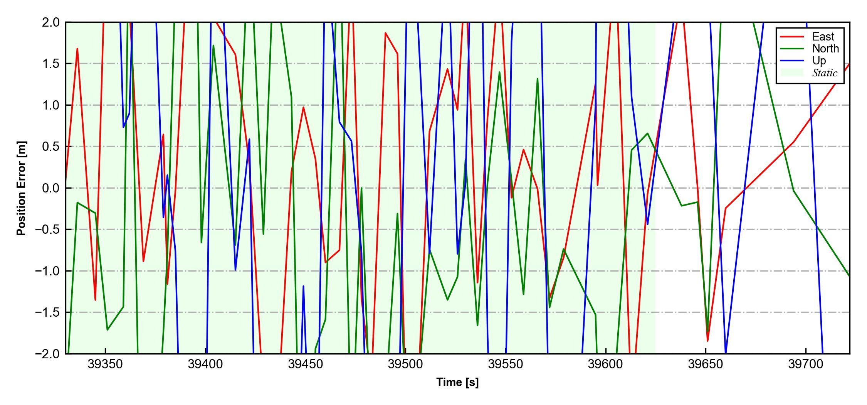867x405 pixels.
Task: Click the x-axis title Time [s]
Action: [x=457, y=382]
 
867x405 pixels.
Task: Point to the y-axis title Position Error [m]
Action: [x=22, y=188]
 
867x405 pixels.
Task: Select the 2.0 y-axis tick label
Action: [x=51, y=22]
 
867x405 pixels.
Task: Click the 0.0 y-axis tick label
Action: [x=51, y=188]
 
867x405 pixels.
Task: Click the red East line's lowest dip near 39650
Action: [x=707, y=341]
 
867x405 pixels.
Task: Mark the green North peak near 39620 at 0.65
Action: [x=647, y=133]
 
